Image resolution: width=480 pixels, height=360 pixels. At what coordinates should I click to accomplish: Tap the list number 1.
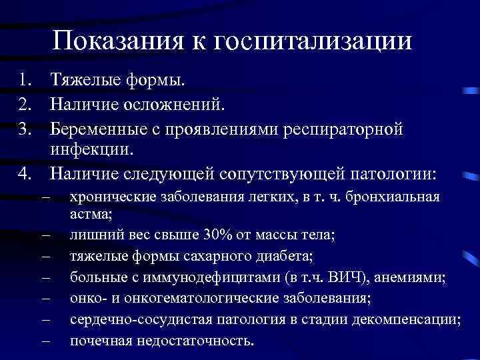[x=25, y=81]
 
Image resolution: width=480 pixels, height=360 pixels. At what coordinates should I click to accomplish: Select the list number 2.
[x=25, y=105]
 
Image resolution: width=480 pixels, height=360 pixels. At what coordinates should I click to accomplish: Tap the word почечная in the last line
[x=100, y=341]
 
